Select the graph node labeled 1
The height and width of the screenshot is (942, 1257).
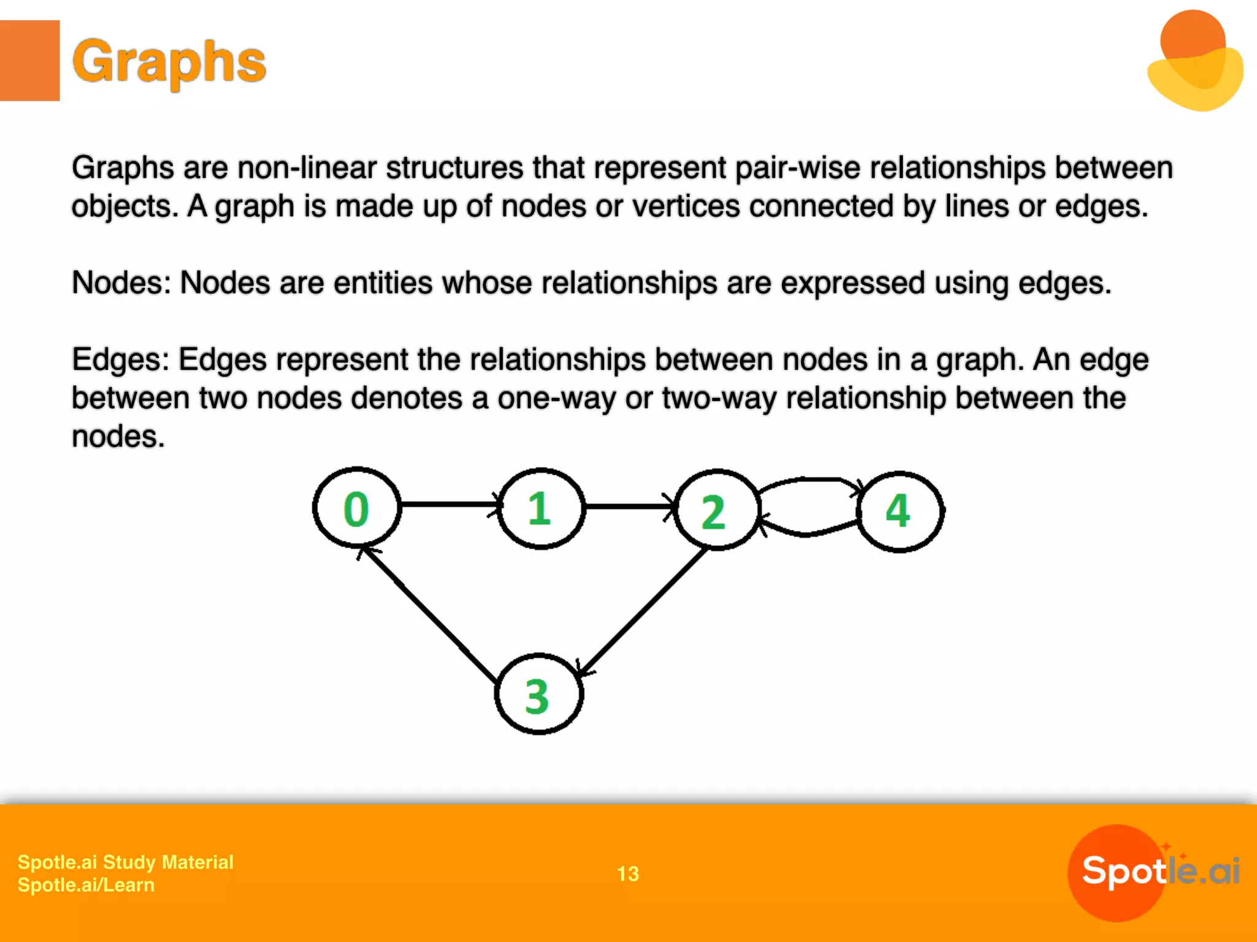coord(540,508)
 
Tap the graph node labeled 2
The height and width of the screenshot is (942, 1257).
coord(717,510)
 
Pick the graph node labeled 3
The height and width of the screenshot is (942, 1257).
coord(538,695)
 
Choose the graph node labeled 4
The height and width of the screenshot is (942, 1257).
coord(899,511)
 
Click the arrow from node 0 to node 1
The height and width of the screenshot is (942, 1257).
coord(449,504)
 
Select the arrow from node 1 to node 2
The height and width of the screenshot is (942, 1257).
coord(629,507)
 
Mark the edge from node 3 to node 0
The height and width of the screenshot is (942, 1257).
coord(430,613)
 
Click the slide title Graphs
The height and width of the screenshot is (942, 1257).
coord(169,61)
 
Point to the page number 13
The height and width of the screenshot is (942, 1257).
coord(628,873)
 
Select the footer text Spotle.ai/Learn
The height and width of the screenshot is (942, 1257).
coord(86,885)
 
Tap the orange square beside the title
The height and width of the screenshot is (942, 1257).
coord(29,60)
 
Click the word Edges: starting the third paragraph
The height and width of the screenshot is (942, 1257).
coord(120,360)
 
